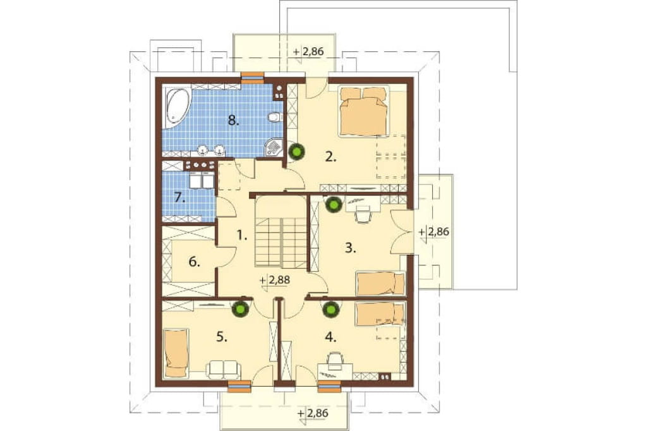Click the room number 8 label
tap(234, 121)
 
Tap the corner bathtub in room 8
tap(177, 107)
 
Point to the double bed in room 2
tap(364, 111)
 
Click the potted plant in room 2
tap(297, 152)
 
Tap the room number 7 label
tap(179, 198)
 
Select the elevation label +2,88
tap(275, 280)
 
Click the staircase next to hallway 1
tap(281, 232)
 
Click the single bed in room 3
tap(380, 283)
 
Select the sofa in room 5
tap(223, 369)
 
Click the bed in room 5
tap(177, 353)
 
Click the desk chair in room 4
tap(335, 359)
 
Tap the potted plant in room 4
tap(330, 309)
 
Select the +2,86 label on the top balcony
tap(308, 52)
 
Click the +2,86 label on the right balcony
tap(434, 232)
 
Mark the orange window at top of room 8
tap(252, 76)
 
